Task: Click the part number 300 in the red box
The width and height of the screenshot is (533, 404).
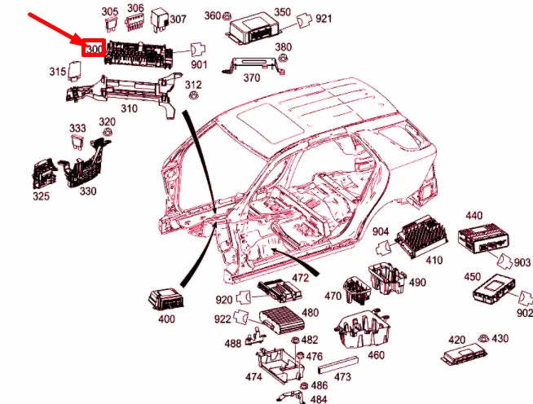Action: (x=94, y=50)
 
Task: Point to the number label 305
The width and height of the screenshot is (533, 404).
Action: (x=109, y=12)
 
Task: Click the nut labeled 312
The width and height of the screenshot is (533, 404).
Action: (x=193, y=98)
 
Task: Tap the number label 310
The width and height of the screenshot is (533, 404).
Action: (x=129, y=108)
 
